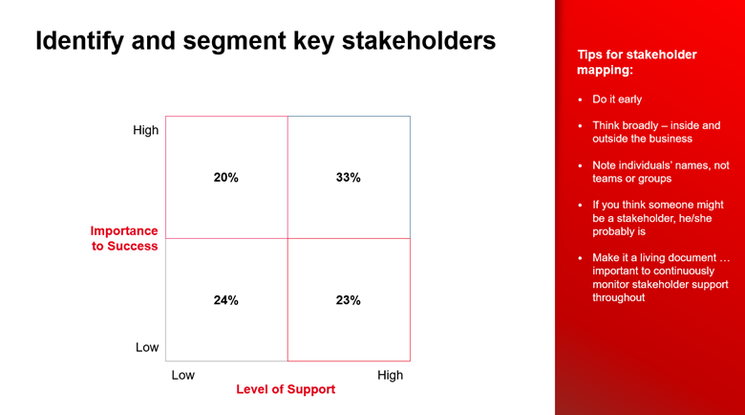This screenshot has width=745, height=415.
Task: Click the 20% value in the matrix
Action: coord(225,178)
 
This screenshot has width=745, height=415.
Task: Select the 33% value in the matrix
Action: coord(348,178)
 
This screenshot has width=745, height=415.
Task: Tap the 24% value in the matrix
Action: coord(225,300)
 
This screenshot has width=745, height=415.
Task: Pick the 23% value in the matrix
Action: coord(348,300)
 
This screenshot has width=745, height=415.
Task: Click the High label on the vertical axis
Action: coord(146,130)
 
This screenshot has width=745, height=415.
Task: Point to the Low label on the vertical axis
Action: coord(147,347)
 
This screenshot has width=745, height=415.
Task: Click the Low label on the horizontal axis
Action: coord(182,375)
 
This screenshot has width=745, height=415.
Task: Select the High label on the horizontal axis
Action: coord(390,375)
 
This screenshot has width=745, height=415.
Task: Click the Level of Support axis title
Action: coord(286,390)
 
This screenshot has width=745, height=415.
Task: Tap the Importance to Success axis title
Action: coord(124,238)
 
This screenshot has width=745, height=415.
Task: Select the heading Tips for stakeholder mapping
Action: coord(636,62)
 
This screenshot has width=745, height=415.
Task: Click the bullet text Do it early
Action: coord(617,99)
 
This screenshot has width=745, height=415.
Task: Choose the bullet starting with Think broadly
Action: coord(656,132)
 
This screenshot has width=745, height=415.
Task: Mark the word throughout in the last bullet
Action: coord(618,297)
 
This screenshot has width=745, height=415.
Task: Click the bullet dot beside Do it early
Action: coord(580,99)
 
